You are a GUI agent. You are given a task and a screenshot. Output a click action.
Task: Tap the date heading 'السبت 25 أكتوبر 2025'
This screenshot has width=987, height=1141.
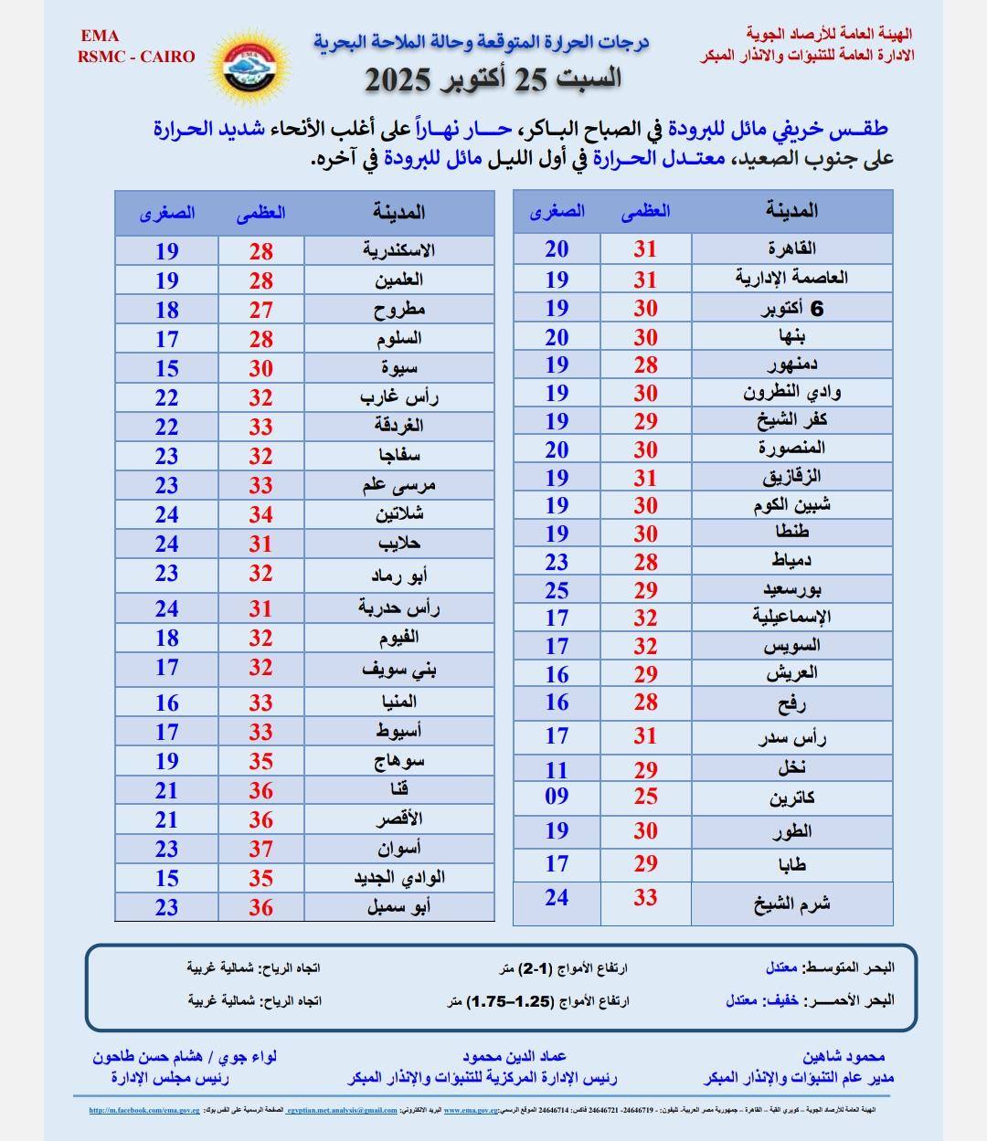tap(493, 79)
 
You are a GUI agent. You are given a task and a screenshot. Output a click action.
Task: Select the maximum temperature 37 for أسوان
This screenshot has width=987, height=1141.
tap(261, 849)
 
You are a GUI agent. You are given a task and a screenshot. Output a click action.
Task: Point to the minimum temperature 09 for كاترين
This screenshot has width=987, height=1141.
tap(557, 796)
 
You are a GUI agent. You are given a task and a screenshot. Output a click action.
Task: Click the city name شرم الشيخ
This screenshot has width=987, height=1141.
tap(791, 903)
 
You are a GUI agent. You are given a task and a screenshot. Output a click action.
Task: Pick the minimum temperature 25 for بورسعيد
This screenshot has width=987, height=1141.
tap(557, 590)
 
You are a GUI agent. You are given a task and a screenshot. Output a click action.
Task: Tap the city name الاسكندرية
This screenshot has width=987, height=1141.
tap(398, 250)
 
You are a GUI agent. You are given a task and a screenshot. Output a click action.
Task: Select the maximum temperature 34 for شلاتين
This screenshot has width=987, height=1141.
tap(261, 514)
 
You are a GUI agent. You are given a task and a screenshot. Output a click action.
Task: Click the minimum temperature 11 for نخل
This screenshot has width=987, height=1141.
tap(557, 769)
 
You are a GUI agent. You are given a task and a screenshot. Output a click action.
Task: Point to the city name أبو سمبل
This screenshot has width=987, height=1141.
tap(398, 907)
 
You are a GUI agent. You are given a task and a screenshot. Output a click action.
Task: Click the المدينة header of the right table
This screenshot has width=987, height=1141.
tap(791, 211)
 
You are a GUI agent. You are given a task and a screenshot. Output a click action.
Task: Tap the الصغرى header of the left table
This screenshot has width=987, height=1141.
tap(167, 213)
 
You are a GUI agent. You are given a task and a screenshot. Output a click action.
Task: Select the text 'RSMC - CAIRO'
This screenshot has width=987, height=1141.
tap(137, 57)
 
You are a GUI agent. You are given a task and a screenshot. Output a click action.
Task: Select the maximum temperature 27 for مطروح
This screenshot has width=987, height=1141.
tap(261, 310)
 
